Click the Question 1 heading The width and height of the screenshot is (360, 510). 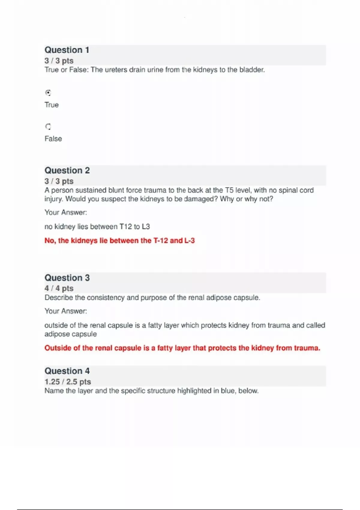click(67, 50)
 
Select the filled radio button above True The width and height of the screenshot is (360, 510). click(48, 93)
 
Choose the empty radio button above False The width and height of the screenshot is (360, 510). click(48, 127)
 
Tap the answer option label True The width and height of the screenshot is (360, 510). click(52, 105)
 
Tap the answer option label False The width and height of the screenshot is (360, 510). click(53, 139)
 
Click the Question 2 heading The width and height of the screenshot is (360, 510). click(67, 170)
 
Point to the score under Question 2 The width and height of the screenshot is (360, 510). click(59, 181)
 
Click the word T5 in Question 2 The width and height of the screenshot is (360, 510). click(229, 190)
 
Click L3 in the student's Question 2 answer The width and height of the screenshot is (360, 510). click(145, 226)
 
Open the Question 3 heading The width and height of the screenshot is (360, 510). click(67, 278)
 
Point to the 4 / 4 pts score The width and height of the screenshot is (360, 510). click(59, 288)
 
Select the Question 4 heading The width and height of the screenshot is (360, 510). click(67, 371)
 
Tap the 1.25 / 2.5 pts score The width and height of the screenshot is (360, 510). click(67, 382)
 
